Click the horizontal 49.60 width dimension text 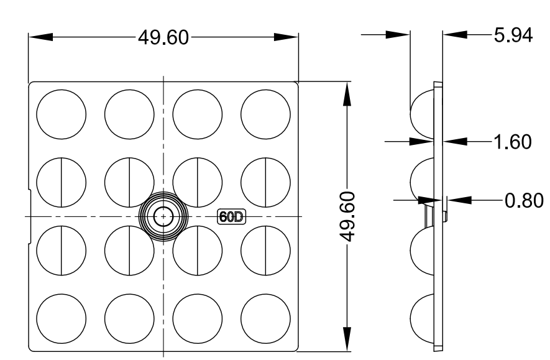click(x=163, y=37)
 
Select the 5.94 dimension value click(x=513, y=35)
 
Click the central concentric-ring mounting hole click(x=163, y=216)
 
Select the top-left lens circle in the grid click(x=61, y=114)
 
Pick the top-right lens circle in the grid click(x=266, y=114)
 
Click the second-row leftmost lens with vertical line click(x=61, y=182)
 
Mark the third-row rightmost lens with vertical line click(x=266, y=251)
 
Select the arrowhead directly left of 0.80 click(x=457, y=200)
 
